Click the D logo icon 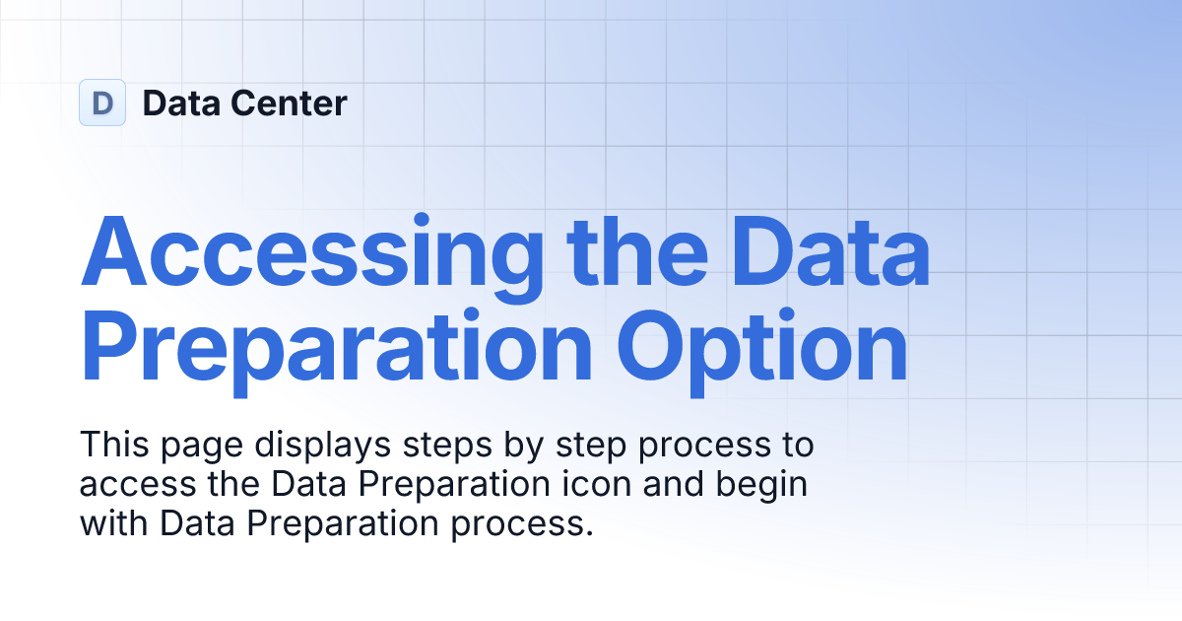coord(102,103)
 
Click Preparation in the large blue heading coord(337,348)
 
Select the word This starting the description coord(113,445)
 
